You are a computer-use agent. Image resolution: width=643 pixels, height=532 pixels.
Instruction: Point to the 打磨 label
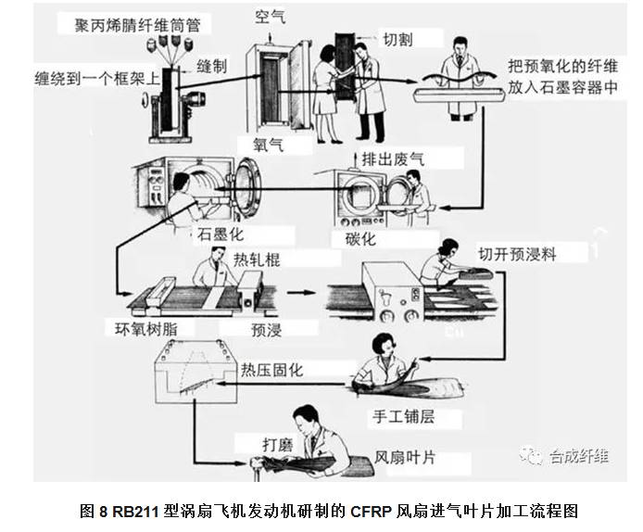pyautogui.click(x=277, y=444)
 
